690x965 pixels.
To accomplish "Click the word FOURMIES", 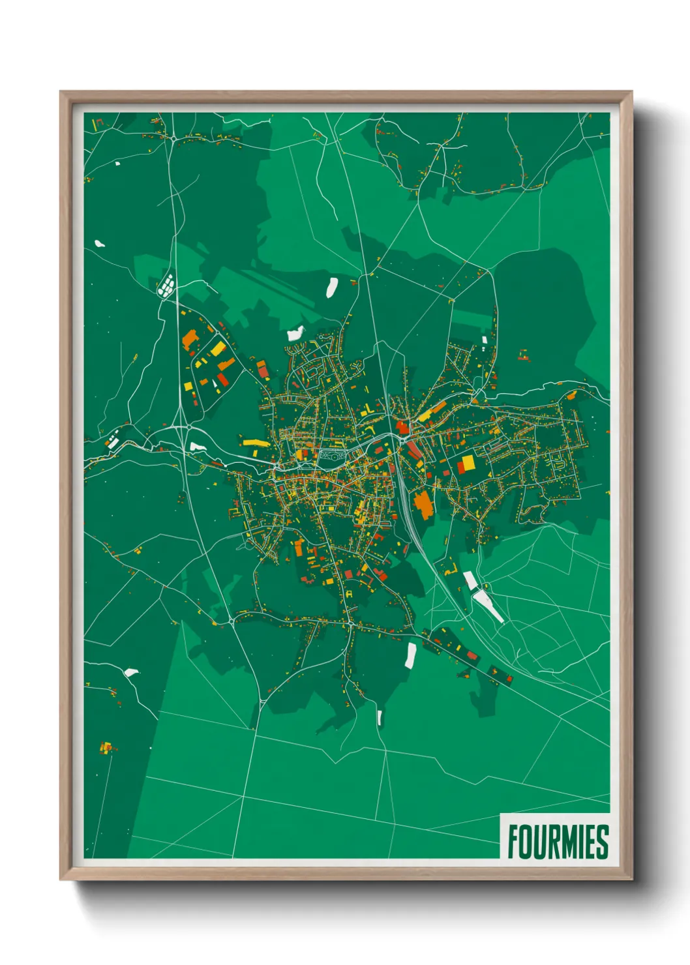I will pos(558,842).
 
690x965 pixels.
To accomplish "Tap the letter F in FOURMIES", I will pos(513,842).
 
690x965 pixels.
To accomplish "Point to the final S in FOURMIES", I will pos(603,842).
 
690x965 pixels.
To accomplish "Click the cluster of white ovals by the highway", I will pos(166,285).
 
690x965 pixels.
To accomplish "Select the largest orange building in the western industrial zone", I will pos(190,339).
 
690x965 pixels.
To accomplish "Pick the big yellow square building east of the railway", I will pos(468,463).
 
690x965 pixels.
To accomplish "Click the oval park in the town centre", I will pos(331,456).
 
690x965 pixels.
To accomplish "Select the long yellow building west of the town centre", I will pos(256,443).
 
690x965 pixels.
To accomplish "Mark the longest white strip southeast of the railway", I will pos(488,604).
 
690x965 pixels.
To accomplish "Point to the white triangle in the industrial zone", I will pos(215,385).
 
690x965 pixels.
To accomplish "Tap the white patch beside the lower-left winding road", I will pos(131,672).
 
